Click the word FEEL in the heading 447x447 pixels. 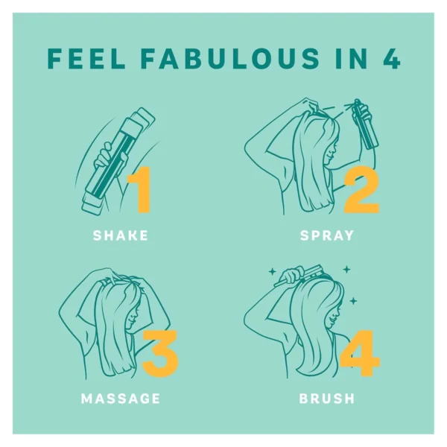pyautogui.click(x=86, y=59)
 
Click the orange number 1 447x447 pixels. pyautogui.click(x=139, y=190)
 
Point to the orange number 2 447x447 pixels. pyautogui.click(x=362, y=190)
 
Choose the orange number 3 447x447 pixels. pyautogui.click(x=160, y=353)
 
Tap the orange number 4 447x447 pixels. pyautogui.click(x=360, y=353)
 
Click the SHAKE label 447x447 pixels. pyautogui.click(x=121, y=235)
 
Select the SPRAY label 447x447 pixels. pyautogui.click(x=327, y=235)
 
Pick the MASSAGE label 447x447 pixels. pyautogui.click(x=121, y=399)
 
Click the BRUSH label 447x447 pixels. pyautogui.click(x=327, y=399)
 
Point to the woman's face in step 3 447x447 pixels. pyautogui.click(x=133, y=317)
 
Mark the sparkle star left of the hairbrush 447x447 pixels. pyautogui.click(x=272, y=272)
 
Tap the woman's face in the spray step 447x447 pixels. pyautogui.click(x=332, y=150)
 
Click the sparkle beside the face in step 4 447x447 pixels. pyautogui.click(x=353, y=300)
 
